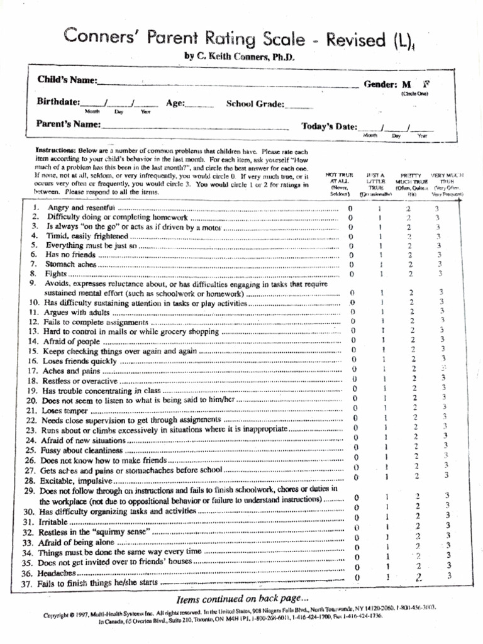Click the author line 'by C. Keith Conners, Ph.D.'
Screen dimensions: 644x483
[x=239, y=57]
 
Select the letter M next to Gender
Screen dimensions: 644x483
[x=407, y=84]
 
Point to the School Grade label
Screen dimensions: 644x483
[x=255, y=104]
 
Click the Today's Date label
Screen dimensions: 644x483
[x=329, y=126]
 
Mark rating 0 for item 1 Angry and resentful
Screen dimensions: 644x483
[x=351, y=208]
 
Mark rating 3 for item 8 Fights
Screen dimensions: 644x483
[x=440, y=274]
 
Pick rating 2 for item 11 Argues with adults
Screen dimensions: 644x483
[x=412, y=311]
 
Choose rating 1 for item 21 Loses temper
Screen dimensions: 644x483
[x=385, y=408]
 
